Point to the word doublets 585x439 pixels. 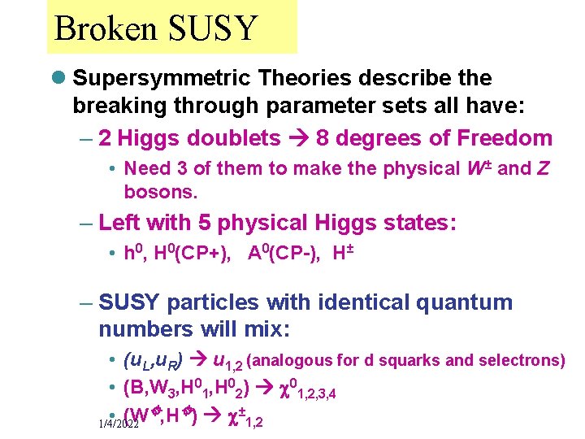pos(240,138)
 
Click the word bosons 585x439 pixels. pos(160,193)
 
